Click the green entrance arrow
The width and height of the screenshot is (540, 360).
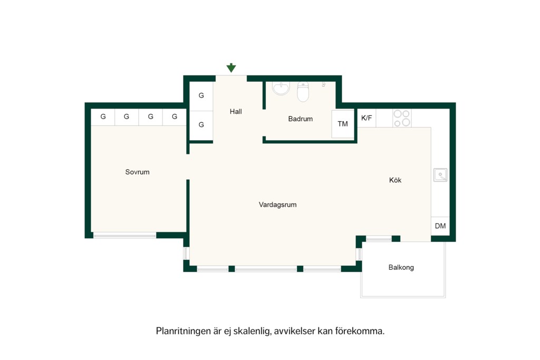click(x=231, y=68)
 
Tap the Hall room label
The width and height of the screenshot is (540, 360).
click(x=236, y=112)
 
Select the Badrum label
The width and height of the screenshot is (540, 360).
click(x=300, y=119)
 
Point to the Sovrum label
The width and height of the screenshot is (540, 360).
click(x=138, y=172)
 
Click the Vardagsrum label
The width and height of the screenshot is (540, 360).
click(x=277, y=205)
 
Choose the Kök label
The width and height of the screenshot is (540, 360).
click(x=395, y=180)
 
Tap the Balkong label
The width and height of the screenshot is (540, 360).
click(x=401, y=267)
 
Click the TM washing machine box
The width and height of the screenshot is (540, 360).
click(x=343, y=124)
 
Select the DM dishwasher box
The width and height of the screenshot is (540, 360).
click(x=440, y=226)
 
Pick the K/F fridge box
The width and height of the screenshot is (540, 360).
click(x=367, y=118)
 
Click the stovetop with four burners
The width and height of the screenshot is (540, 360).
click(x=402, y=118)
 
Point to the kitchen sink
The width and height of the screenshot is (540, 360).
click(x=440, y=175)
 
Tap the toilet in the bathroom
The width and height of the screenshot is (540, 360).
click(x=303, y=92)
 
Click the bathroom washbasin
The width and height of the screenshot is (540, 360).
click(x=282, y=88)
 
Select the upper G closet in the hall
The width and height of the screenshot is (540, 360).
click(x=201, y=96)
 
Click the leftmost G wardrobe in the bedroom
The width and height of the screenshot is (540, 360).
click(x=103, y=117)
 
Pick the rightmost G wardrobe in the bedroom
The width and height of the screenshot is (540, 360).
click(x=175, y=117)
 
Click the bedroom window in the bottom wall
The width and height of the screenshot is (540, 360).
click(x=124, y=236)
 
